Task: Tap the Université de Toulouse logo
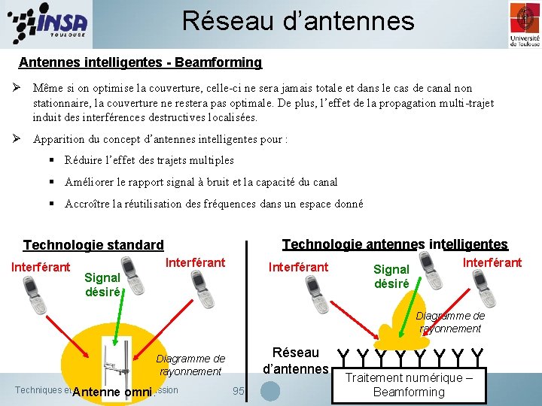524,24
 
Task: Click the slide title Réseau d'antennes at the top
298,21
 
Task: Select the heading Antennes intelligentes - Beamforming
140,62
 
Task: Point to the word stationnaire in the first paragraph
63,102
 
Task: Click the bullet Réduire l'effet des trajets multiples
149,160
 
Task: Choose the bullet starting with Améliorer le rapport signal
201,182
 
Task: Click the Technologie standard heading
93,245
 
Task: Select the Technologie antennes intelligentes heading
394,244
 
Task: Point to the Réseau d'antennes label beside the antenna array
296,361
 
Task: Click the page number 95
239,391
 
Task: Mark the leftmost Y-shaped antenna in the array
343,353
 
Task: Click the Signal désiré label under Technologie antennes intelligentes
391,277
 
